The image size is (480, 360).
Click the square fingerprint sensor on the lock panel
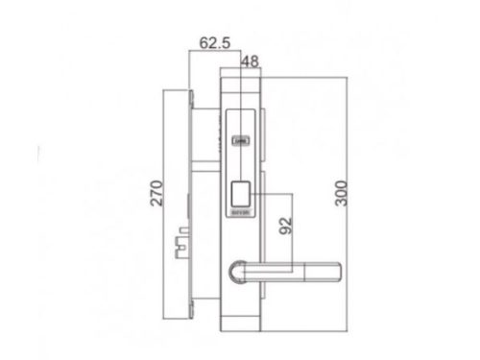pos(242,189)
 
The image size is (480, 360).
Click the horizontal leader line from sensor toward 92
pos(269,189)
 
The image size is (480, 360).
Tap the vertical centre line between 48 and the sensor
pos(242,106)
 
